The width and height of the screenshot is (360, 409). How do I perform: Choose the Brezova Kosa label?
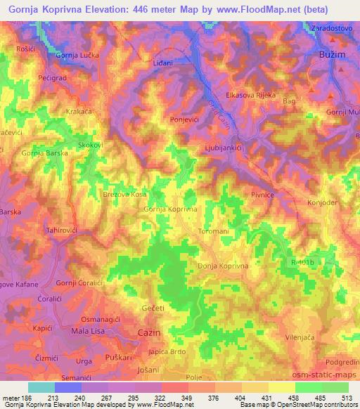click(124, 193)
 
